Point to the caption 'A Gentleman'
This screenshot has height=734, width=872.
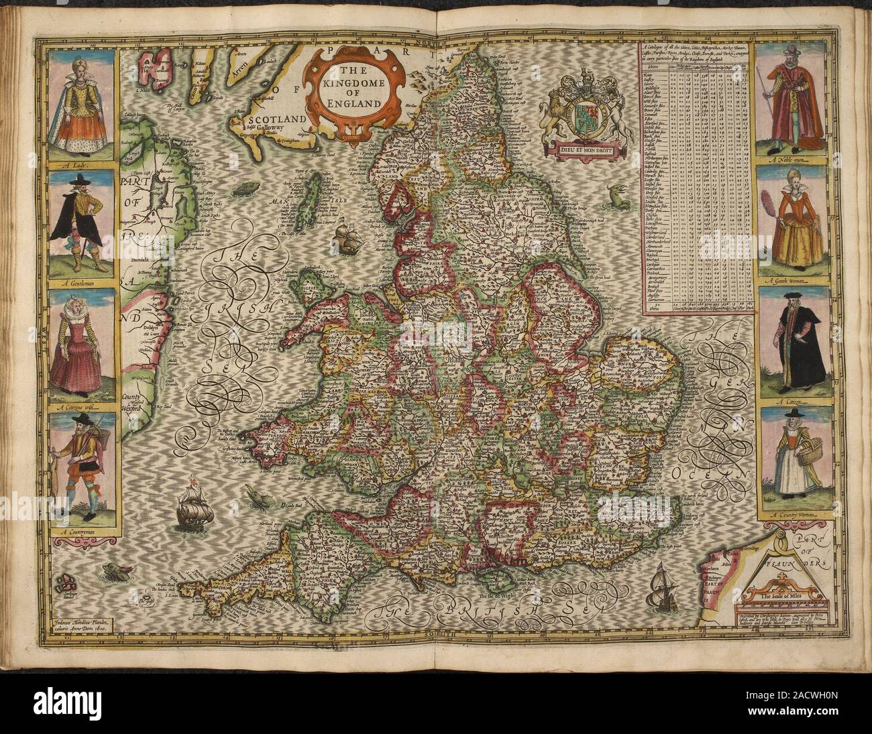[82, 283]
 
